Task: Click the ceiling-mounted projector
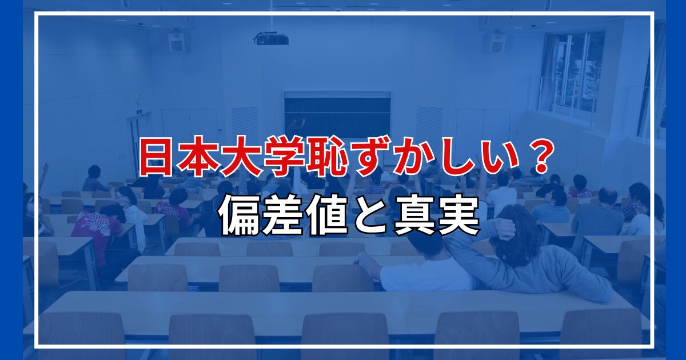tap(271, 39)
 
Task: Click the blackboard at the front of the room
tap(337, 115)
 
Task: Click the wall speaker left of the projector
tap(177, 42)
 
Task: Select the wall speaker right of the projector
tap(496, 43)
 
